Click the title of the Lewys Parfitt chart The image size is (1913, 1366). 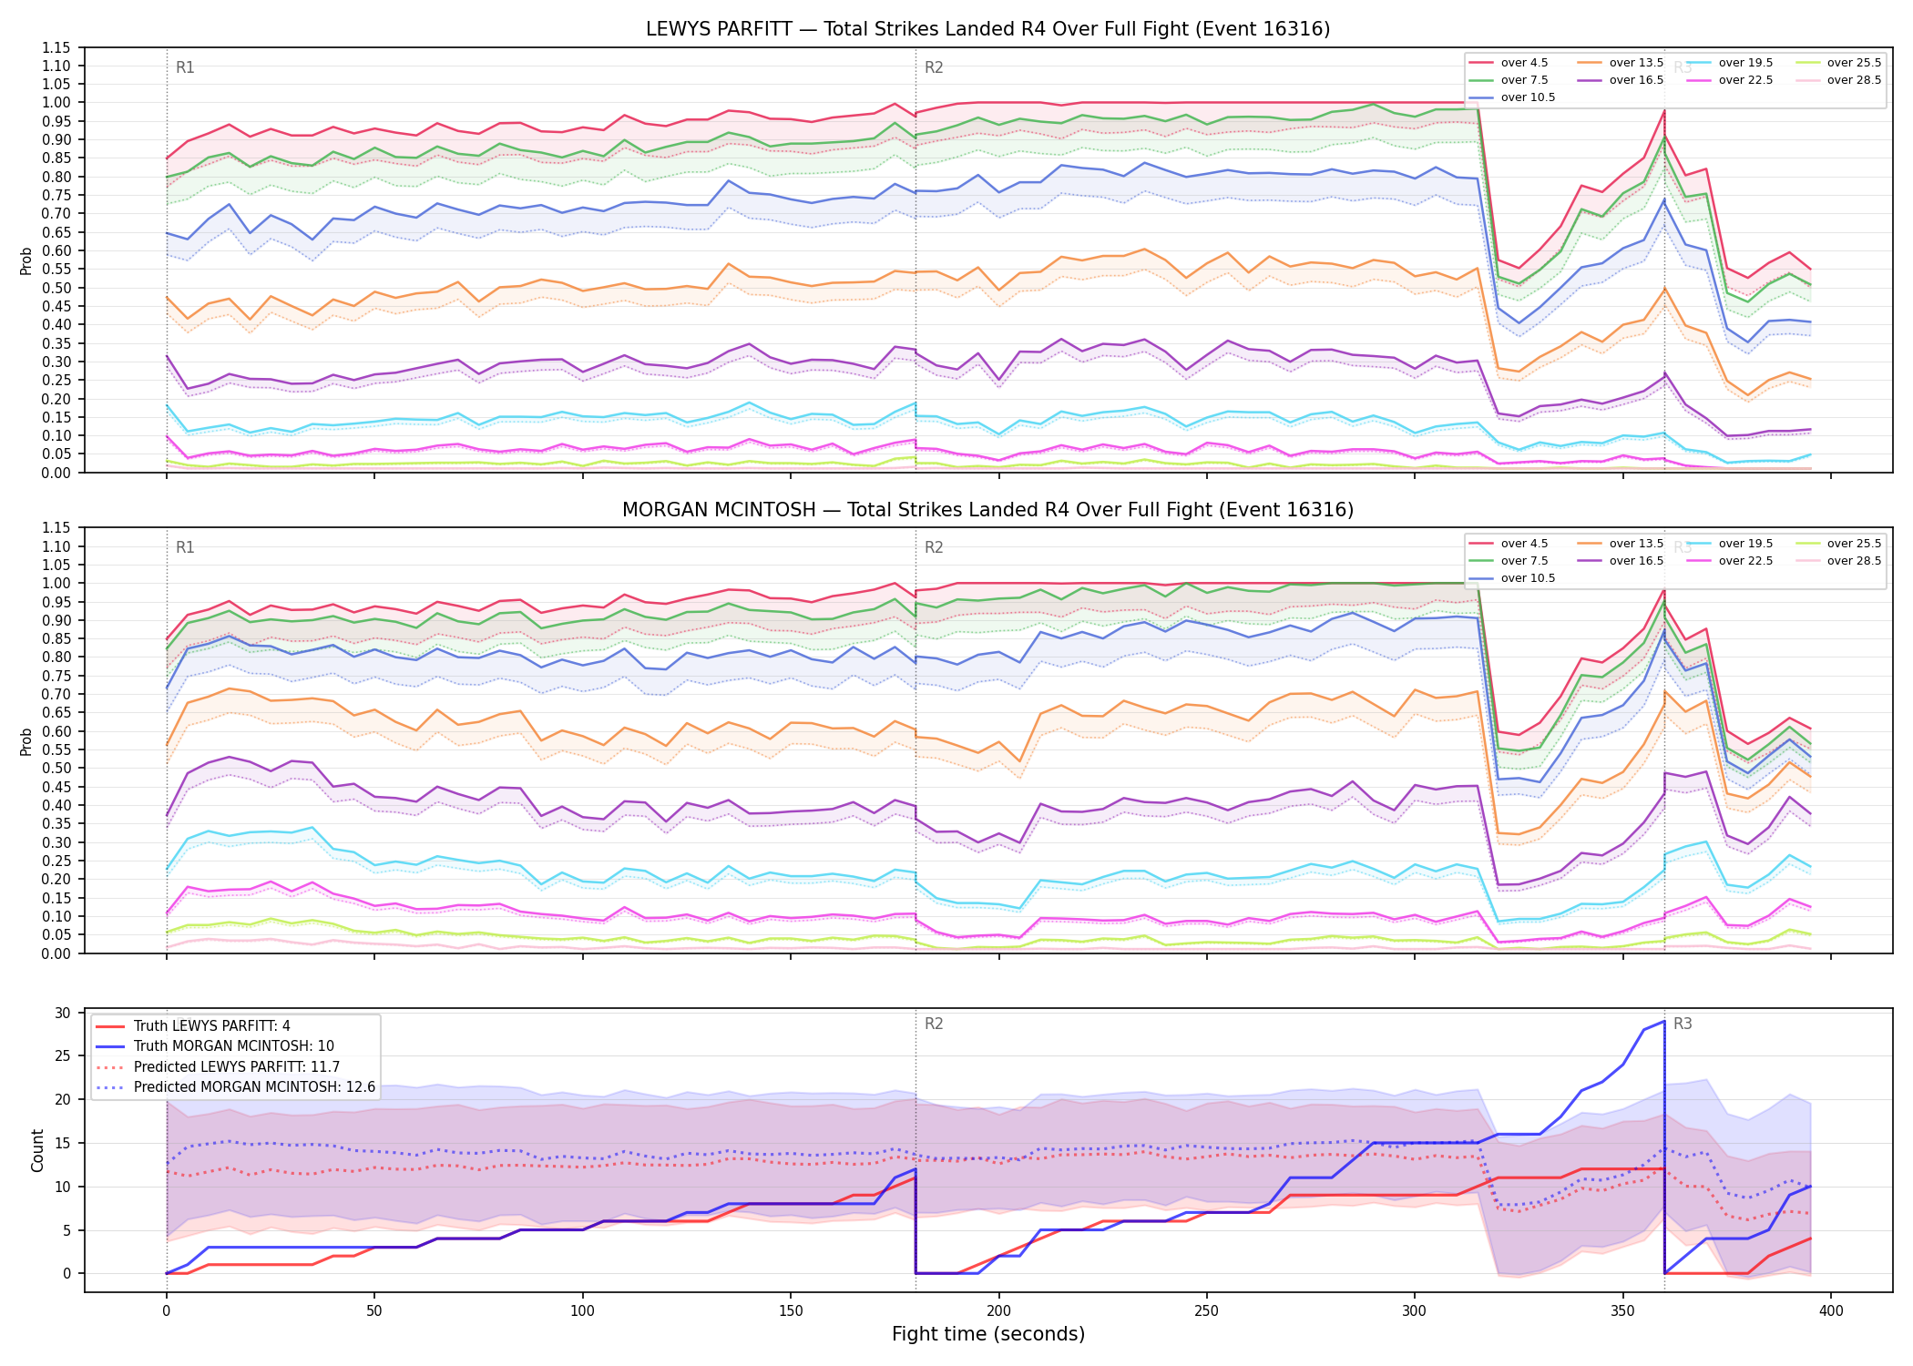coord(987,29)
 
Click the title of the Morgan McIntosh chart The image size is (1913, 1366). coord(987,510)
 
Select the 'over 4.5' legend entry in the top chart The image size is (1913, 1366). coord(1509,63)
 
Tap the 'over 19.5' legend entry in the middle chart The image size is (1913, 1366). coord(1730,544)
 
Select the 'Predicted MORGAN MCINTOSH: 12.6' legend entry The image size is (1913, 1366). coord(236,1087)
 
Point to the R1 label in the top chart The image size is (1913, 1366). coord(185,67)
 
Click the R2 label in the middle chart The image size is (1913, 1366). coord(934,548)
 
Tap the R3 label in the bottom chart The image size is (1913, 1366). coord(1683,1024)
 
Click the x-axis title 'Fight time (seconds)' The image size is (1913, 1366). coord(988,1335)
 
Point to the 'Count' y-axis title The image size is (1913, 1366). coord(37,1150)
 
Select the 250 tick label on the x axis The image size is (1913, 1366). coord(1207,1311)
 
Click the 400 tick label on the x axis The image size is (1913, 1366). coord(1831,1311)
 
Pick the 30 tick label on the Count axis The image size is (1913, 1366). coord(63,1013)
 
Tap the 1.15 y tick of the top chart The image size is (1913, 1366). coord(57,47)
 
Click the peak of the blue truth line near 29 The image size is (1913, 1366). coord(1664,1021)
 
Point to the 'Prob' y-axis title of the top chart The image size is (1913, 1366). coord(26,260)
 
